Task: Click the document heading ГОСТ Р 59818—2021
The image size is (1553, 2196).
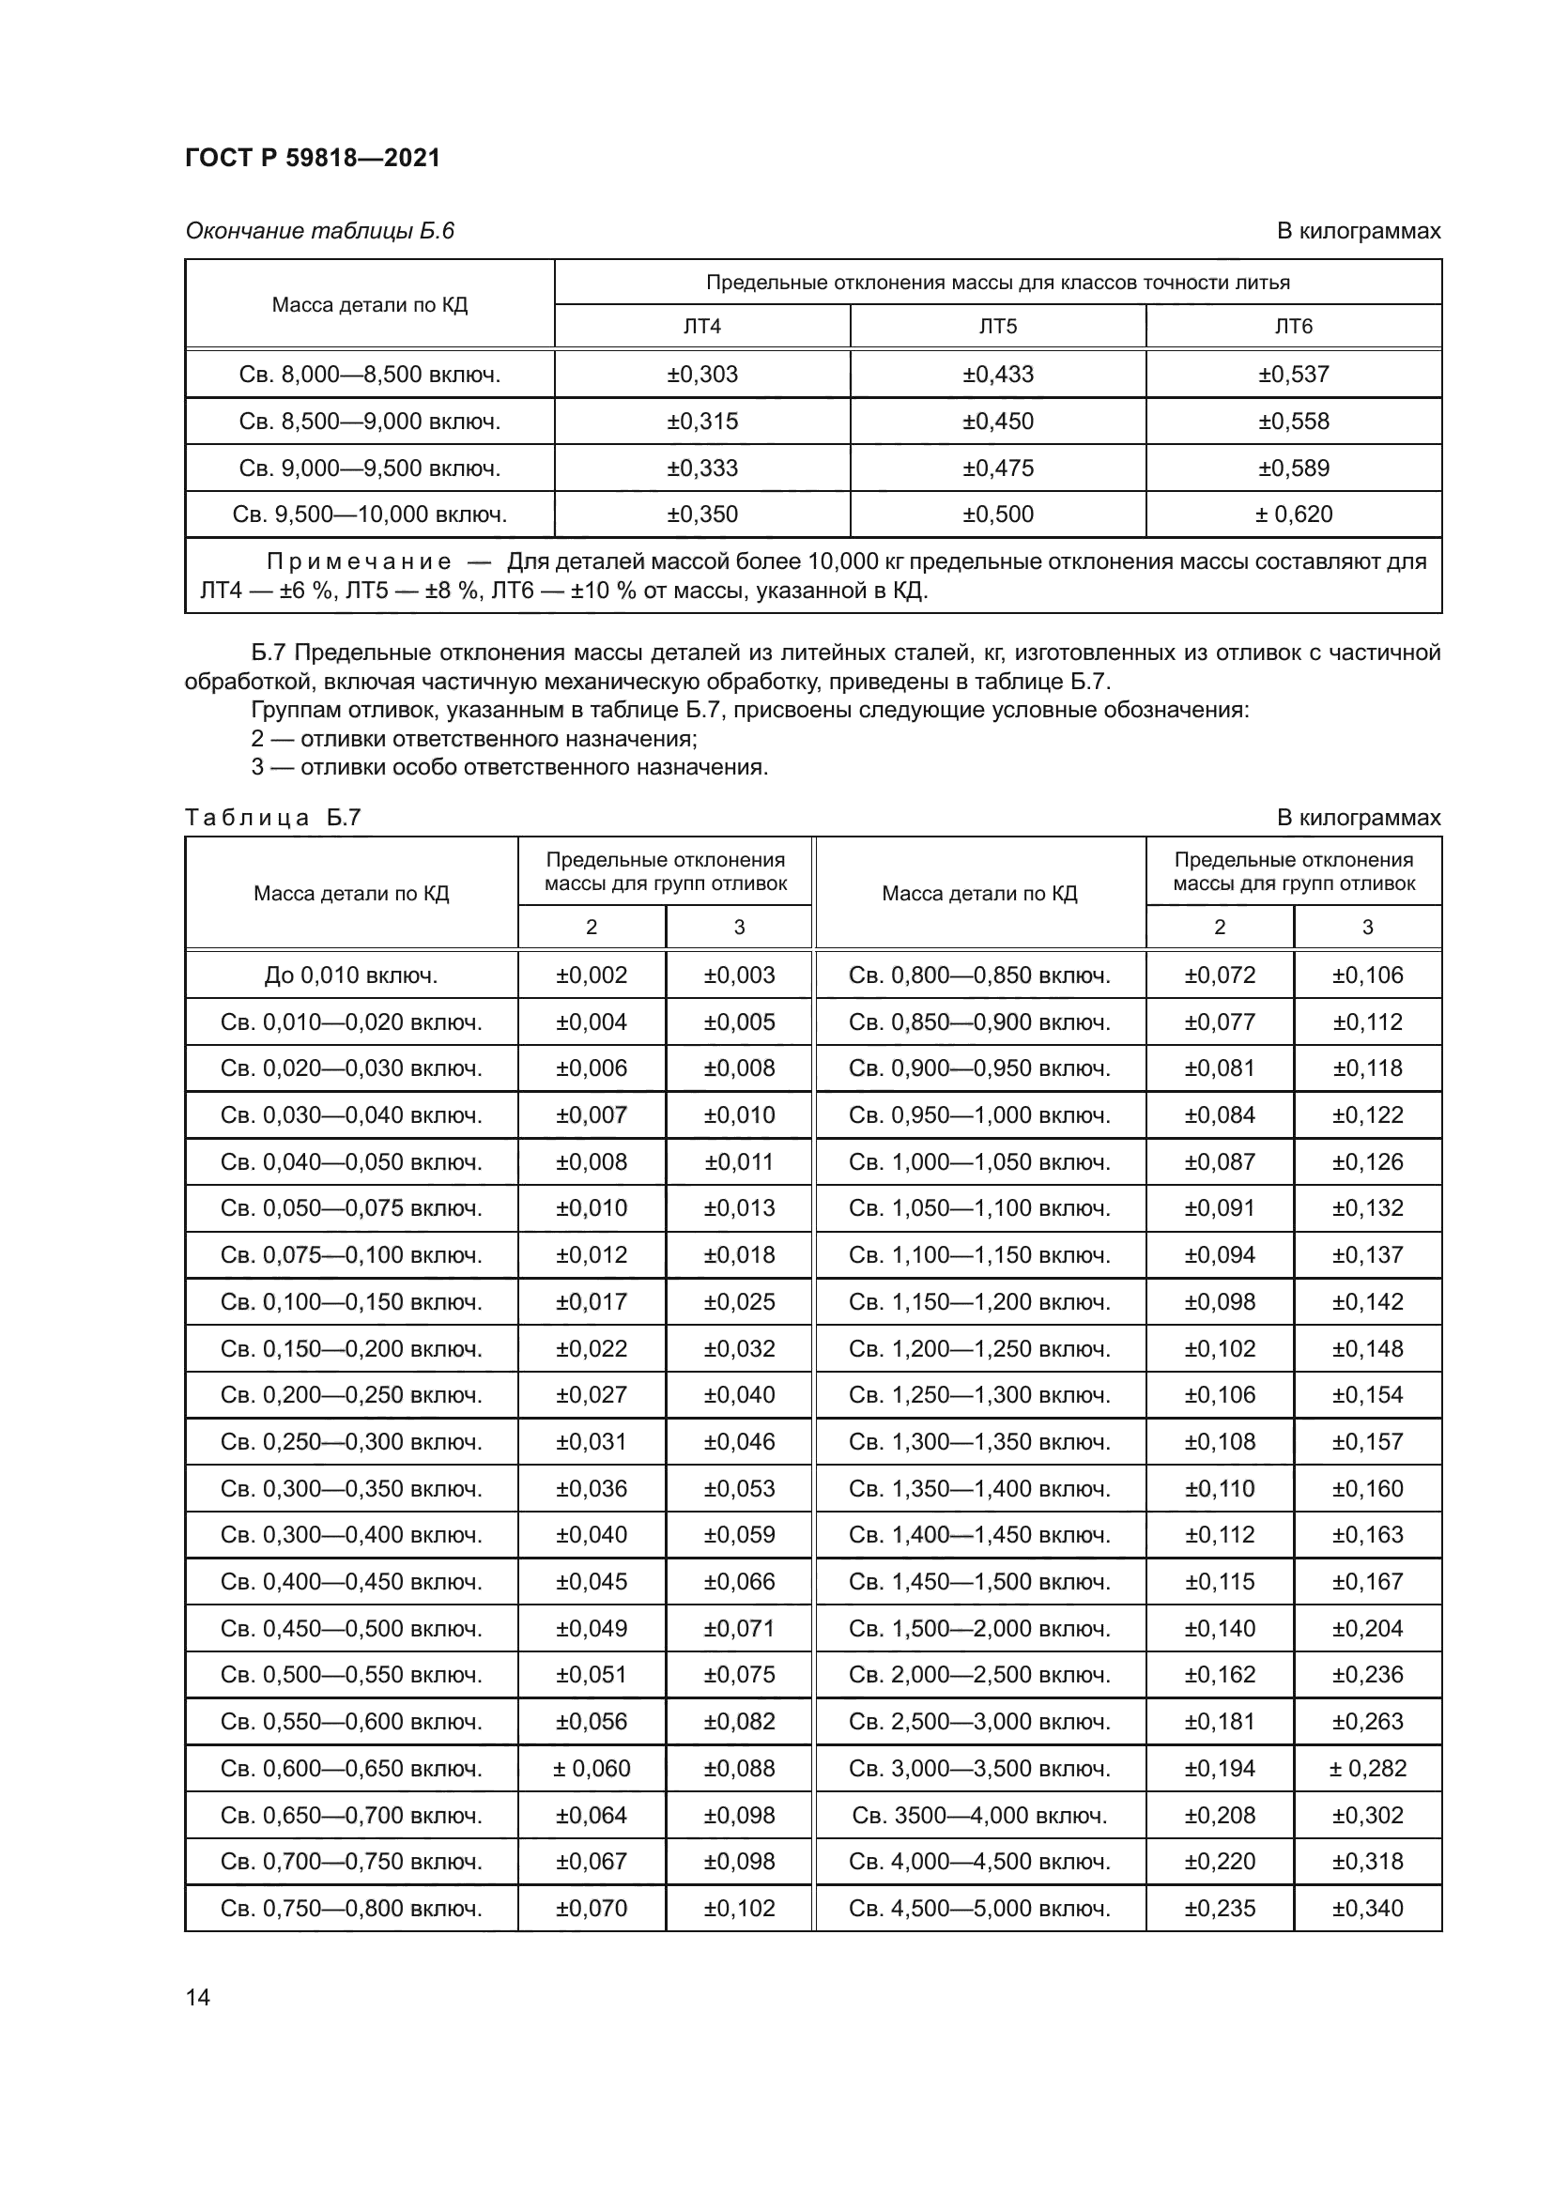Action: coord(313,158)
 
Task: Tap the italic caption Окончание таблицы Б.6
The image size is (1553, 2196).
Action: coord(319,232)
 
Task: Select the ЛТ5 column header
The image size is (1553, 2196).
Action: coord(997,327)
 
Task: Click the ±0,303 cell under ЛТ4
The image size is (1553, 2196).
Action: coord(702,374)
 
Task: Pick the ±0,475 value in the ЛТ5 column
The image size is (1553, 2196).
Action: coord(997,468)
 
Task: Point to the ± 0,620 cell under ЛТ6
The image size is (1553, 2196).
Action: coord(1293,514)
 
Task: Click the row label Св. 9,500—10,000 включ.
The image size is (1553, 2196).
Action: coord(369,514)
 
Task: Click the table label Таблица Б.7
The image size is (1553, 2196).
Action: coord(272,818)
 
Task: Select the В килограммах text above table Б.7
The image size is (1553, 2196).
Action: coord(1358,818)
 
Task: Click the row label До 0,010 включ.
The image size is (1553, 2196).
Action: coord(351,975)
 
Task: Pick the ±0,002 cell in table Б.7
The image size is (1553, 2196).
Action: coord(591,975)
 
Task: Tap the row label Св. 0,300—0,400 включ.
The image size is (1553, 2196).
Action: coord(351,1535)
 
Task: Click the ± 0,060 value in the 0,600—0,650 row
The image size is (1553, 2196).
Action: coord(591,1769)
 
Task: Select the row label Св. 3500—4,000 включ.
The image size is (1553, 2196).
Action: coord(979,1816)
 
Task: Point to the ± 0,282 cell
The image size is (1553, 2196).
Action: coord(1367,1769)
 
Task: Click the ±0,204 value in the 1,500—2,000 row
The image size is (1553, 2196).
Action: coord(1367,1629)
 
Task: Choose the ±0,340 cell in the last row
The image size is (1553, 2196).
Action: coord(1367,1908)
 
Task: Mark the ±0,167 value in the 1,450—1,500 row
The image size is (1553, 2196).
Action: coord(1367,1582)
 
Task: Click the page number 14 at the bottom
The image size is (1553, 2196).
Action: coord(198,1997)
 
